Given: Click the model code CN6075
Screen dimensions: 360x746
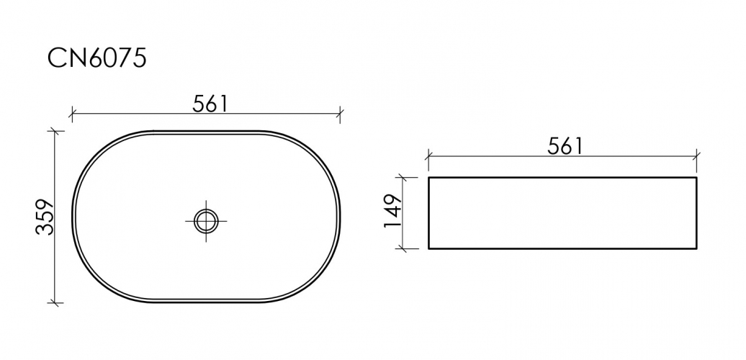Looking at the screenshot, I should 97,58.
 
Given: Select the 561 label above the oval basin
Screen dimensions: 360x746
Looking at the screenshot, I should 210,104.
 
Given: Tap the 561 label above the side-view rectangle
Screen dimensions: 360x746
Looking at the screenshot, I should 565,146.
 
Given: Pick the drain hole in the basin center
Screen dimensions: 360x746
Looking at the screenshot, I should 207,220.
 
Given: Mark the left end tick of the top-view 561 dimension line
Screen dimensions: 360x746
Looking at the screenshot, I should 72,113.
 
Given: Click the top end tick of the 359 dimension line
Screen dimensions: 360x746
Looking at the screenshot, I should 55,132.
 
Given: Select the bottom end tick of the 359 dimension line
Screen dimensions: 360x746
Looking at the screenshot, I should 55,302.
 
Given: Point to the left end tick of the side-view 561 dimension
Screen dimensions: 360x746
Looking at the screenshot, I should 428,156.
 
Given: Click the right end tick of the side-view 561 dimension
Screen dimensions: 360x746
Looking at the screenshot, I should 696,156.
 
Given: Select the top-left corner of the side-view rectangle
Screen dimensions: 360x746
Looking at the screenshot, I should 429,177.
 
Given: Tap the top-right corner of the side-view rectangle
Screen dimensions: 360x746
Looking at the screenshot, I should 696,177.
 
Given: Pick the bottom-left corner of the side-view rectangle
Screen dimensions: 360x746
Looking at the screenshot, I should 429,248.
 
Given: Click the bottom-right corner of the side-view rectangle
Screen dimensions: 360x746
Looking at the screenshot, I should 696,248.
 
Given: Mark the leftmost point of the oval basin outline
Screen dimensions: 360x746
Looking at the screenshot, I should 73,217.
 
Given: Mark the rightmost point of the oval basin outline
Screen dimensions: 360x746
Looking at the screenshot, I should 341,217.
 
